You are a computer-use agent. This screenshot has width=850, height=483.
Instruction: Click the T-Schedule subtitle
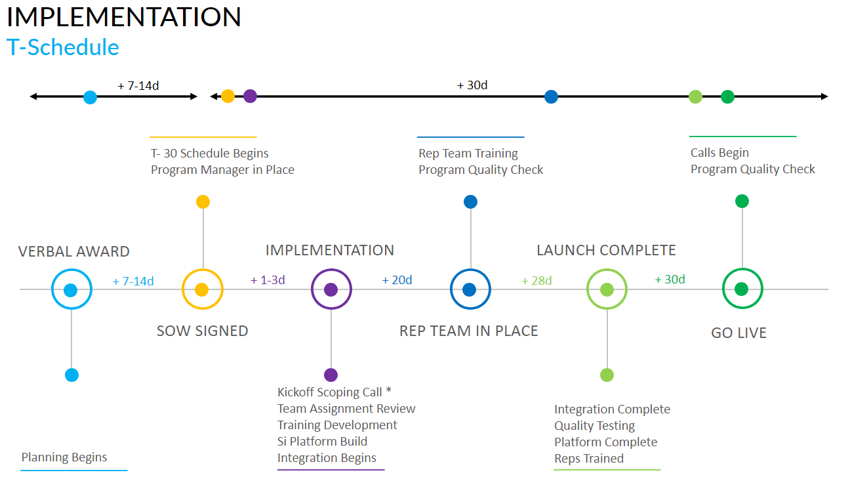(x=63, y=47)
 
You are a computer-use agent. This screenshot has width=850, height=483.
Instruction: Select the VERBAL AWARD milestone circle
(x=71, y=289)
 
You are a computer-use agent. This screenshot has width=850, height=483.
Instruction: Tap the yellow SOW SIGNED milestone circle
(x=202, y=289)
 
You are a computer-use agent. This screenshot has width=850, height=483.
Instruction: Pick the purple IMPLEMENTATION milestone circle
(x=331, y=289)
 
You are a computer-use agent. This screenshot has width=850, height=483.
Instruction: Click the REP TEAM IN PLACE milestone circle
(x=470, y=289)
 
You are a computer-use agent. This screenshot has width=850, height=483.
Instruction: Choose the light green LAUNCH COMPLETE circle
(x=607, y=289)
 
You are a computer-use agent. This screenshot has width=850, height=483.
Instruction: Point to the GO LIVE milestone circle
(x=742, y=289)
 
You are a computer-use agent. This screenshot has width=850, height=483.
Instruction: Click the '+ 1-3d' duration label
(x=268, y=280)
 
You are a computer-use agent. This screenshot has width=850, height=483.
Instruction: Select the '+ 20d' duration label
(x=397, y=280)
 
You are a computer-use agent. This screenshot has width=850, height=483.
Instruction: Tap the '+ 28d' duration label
(x=536, y=281)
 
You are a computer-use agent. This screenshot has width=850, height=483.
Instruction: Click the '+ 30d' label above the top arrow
(x=472, y=85)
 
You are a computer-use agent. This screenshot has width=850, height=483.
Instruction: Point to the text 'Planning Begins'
(x=64, y=457)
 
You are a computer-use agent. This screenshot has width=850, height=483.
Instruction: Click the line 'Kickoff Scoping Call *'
(x=334, y=392)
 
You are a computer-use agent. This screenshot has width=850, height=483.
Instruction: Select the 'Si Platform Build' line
(x=322, y=442)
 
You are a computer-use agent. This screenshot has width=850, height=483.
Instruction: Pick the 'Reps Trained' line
(x=588, y=459)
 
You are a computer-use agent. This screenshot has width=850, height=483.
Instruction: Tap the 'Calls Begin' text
(x=719, y=153)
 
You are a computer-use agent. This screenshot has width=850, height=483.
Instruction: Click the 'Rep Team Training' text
(x=468, y=154)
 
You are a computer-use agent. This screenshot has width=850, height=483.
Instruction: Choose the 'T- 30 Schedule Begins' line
(x=210, y=154)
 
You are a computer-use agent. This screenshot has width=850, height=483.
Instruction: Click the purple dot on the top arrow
(x=250, y=96)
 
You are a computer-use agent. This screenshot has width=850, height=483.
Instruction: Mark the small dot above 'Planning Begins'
(x=72, y=375)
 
